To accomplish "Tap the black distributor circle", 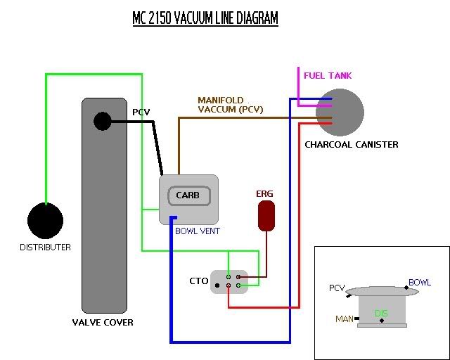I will tap(46, 221).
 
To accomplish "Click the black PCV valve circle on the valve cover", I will tap(103, 121).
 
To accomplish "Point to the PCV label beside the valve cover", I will tap(142, 112).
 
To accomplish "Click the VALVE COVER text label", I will tap(103, 323).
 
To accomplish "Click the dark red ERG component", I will tap(266, 216).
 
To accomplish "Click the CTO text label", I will tap(199, 281).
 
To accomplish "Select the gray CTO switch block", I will tap(229, 281).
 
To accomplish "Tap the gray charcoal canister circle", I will tap(340, 112).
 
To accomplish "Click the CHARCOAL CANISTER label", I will tap(352, 145).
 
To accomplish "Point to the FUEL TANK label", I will tap(328, 75).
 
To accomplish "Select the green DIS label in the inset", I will tap(381, 313).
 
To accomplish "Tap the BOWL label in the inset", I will tap(420, 283).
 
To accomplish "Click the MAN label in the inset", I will tap(345, 319).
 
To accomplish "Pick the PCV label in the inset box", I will tap(337, 288).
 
